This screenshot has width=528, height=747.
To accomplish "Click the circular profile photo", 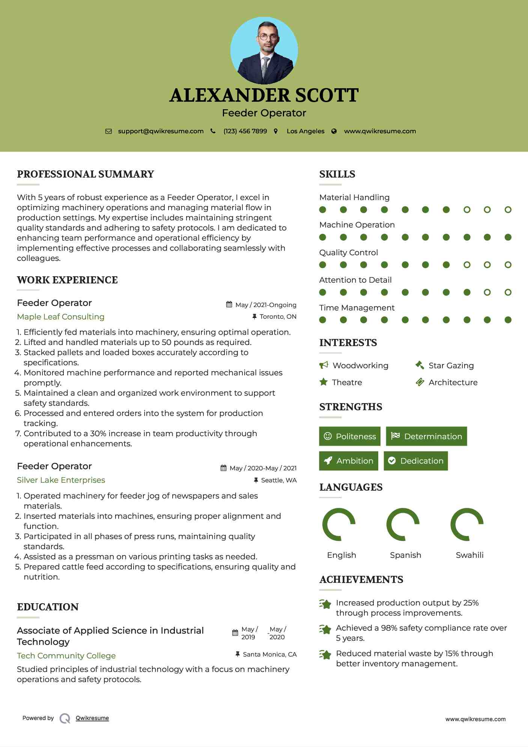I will [x=264, y=51].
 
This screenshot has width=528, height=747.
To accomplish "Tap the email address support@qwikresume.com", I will [x=161, y=131].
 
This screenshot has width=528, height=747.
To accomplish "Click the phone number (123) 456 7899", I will [x=245, y=131].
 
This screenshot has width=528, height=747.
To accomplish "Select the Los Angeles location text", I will [x=305, y=131].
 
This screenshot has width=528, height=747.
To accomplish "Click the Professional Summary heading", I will [x=86, y=174].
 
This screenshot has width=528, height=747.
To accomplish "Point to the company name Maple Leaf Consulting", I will [x=60, y=316].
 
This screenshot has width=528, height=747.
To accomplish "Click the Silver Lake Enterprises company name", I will [x=61, y=480].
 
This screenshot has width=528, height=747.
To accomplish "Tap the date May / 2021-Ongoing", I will [x=266, y=305].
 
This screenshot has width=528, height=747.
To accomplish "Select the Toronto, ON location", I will [x=278, y=316].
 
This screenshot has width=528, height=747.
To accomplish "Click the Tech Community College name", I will [x=66, y=655].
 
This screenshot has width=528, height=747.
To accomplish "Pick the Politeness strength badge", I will [x=350, y=436].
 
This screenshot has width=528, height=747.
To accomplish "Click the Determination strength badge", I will [x=426, y=436].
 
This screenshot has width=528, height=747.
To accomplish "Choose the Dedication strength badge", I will [x=416, y=461].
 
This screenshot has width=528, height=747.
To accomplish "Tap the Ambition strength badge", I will [x=349, y=461].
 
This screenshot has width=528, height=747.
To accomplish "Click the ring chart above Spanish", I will [x=403, y=524].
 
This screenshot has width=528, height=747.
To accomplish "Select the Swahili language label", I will [x=469, y=555].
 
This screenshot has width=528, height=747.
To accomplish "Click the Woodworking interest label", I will [x=360, y=365].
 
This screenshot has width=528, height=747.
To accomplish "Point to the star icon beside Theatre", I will [x=323, y=382].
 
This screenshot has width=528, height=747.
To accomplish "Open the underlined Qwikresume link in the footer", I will [x=92, y=718].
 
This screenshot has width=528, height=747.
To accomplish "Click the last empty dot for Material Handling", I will [x=508, y=209].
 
